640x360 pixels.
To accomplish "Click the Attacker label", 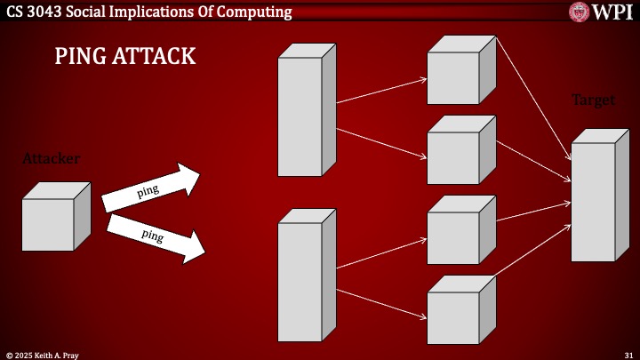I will click(x=51, y=158).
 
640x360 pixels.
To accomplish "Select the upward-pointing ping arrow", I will click(x=149, y=188).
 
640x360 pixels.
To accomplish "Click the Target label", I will click(x=593, y=100).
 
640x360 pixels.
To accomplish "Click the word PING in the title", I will click(x=82, y=57).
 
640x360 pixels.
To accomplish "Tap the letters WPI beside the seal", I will click(x=612, y=12).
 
